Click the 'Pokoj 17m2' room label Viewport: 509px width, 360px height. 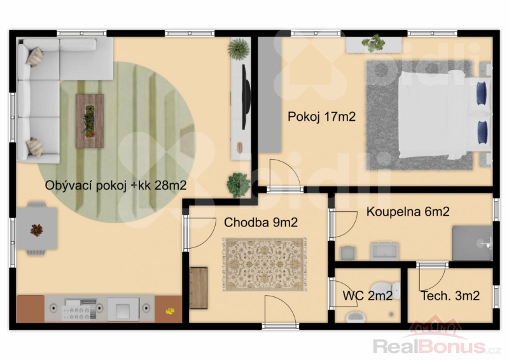(321, 116)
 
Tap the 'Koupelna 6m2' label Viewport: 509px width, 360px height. (408, 212)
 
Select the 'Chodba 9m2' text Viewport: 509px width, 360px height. (261, 223)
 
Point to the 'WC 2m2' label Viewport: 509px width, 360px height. (367, 295)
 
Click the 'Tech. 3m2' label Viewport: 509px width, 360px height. (450, 296)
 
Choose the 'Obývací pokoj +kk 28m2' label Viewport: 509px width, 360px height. (116, 186)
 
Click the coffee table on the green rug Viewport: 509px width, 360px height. (90, 121)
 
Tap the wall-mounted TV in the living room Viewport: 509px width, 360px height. (246, 97)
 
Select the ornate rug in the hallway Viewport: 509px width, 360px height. (265, 264)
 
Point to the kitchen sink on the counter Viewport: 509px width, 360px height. (123, 308)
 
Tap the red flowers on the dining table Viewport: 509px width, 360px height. (36, 230)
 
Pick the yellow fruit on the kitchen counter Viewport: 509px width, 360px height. (170, 311)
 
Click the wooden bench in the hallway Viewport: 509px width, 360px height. (199, 288)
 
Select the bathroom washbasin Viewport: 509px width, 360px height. (384, 251)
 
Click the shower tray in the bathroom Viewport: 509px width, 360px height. (473, 243)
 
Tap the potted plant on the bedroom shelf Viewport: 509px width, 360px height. (373, 43)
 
